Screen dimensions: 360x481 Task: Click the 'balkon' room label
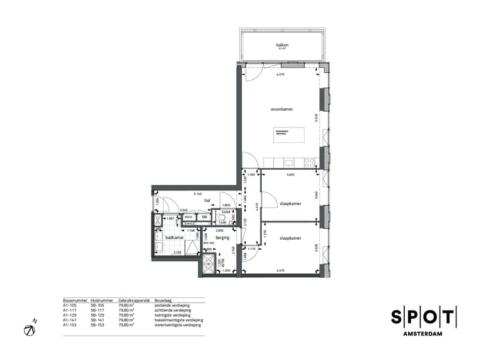coord(281,45)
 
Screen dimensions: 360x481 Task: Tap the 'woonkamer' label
coord(282,109)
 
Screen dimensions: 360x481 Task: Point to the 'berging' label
coord(222,237)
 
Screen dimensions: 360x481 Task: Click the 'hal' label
coord(207,200)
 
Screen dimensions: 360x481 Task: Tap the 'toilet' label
coord(226,211)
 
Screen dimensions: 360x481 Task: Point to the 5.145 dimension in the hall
coord(198,194)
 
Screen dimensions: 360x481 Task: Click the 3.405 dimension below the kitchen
coord(290,174)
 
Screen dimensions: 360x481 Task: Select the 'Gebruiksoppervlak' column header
coord(132,301)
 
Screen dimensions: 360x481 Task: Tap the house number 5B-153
coord(98,325)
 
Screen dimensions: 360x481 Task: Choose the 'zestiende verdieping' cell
coord(170,306)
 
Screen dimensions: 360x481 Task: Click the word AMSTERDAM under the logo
coord(424,334)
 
